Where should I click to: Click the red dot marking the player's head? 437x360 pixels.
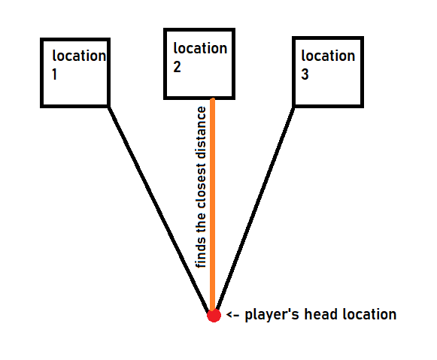214,315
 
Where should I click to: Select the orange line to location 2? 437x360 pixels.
213,203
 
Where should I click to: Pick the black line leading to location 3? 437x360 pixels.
256,210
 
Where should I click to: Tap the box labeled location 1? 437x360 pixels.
75,72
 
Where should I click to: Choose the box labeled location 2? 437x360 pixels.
199,64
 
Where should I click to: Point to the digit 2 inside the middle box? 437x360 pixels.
178,66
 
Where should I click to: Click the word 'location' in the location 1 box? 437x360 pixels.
79,56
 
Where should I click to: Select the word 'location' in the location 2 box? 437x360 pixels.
200,49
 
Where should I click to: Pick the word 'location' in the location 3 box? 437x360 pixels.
328,56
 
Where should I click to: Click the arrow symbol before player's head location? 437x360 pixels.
233,315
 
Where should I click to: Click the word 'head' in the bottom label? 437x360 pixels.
317,314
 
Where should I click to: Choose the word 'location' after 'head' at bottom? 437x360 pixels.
368,314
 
